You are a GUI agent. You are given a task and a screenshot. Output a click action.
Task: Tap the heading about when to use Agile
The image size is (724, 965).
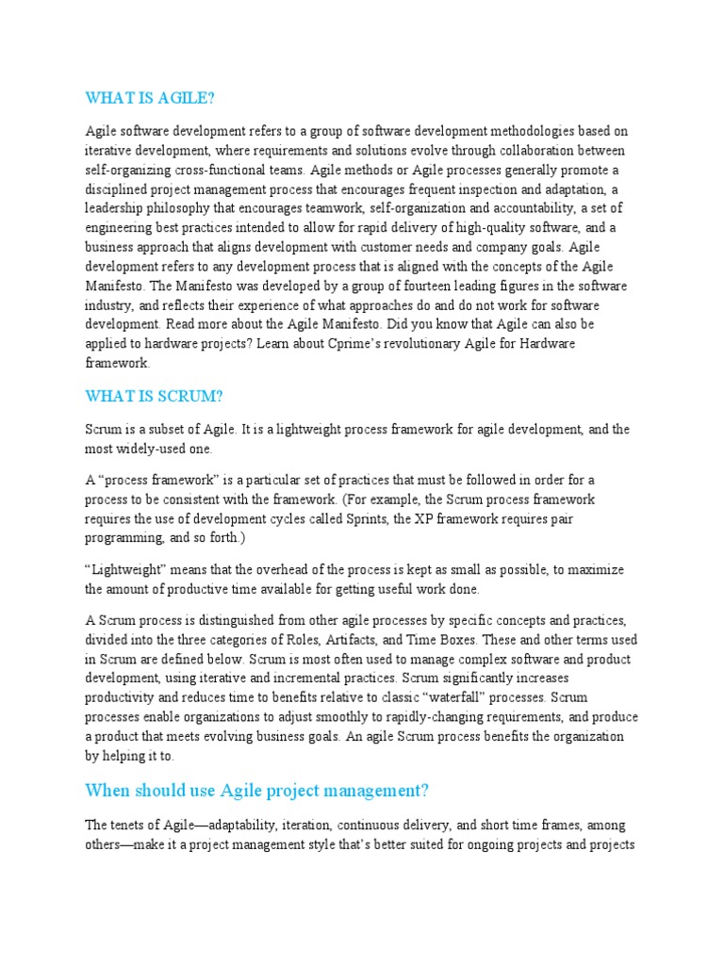pos(257,790)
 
